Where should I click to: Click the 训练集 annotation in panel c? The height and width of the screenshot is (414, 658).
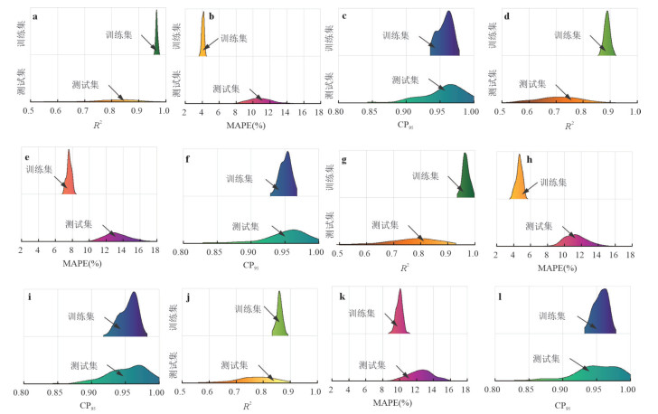tap(396, 35)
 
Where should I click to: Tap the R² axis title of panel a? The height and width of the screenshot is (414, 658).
tap(96, 125)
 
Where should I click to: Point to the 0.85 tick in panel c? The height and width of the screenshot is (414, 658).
tap(370, 113)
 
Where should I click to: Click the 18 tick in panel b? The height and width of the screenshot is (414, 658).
tap(318, 113)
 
